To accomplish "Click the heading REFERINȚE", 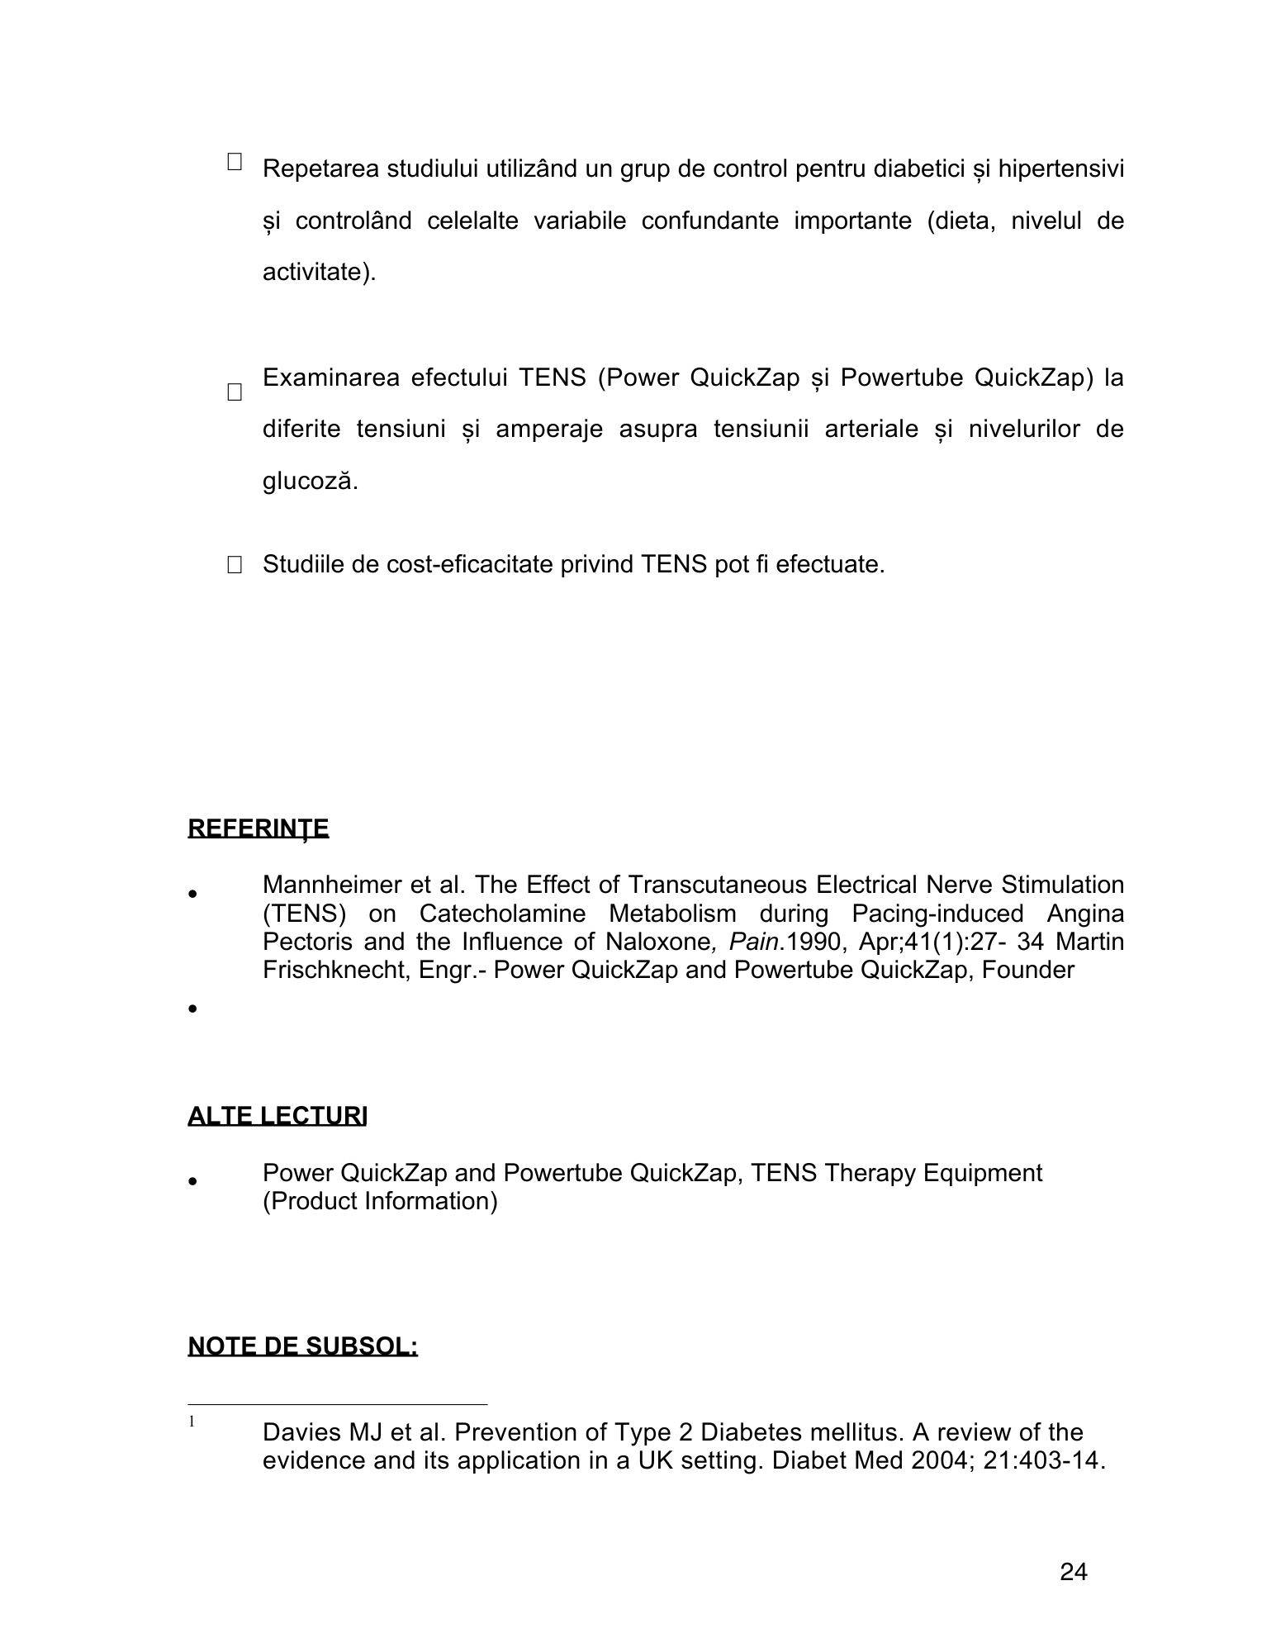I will (x=258, y=828).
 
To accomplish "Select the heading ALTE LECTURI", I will (x=277, y=1116).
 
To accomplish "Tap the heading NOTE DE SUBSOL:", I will (x=303, y=1346).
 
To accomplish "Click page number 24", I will (x=1073, y=1573).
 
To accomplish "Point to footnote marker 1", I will (x=192, y=1422).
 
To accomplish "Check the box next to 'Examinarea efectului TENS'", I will (x=235, y=392).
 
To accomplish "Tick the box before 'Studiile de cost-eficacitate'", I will (x=235, y=565).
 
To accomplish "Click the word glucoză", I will (x=311, y=481).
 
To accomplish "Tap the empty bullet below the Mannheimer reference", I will (x=192, y=1009).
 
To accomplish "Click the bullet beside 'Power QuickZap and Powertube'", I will (x=192, y=1181).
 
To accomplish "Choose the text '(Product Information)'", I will (x=380, y=1201).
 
